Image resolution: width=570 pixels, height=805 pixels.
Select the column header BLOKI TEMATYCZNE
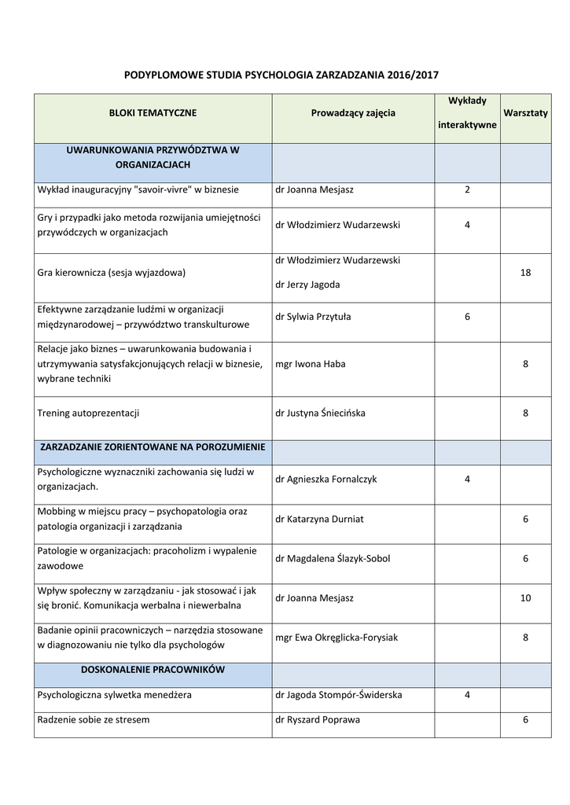(x=153, y=113)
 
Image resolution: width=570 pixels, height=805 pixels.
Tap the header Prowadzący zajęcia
(x=353, y=113)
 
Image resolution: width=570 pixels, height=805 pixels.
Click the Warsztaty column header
(x=525, y=113)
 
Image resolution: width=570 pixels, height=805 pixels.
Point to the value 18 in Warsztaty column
(x=525, y=272)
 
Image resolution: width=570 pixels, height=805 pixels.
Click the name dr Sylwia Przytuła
(x=313, y=317)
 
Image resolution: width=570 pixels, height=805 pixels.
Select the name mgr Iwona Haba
(x=311, y=364)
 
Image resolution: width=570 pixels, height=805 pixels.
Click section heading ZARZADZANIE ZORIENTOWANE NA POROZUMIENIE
(x=153, y=447)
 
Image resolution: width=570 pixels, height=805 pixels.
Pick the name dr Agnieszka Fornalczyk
(x=328, y=479)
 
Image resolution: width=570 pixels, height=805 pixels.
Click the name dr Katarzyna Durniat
(x=319, y=519)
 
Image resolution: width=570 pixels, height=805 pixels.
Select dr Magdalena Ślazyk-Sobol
(x=333, y=558)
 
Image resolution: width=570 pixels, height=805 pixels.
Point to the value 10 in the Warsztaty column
(x=525, y=598)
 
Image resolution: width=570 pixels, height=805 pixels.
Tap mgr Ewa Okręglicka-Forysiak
(x=336, y=638)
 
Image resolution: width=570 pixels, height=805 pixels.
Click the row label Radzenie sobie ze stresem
(x=94, y=719)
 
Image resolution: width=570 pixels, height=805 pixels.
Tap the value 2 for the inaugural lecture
(x=467, y=189)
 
